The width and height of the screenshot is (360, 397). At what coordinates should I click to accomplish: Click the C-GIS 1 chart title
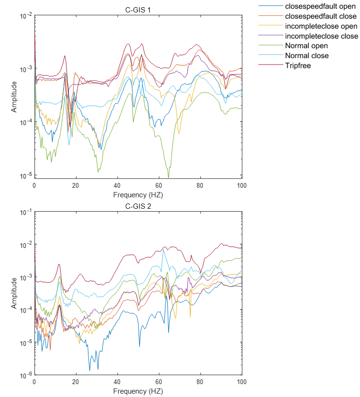pyautogui.click(x=138, y=10)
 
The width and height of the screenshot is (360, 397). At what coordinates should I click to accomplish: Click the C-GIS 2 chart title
pyautogui.click(x=138, y=206)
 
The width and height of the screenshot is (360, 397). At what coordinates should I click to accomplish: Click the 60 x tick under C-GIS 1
pyautogui.click(x=159, y=185)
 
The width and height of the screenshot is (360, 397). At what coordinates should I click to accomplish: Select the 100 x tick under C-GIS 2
pyautogui.click(x=241, y=382)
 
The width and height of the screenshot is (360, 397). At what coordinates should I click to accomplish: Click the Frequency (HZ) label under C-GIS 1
pyautogui.click(x=138, y=194)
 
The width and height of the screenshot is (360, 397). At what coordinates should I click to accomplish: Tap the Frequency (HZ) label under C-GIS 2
pyautogui.click(x=138, y=391)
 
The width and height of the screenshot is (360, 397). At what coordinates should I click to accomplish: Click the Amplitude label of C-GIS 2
pyautogui.click(x=14, y=293)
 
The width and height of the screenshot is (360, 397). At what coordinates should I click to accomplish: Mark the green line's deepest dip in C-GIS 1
pyautogui.click(x=169, y=178)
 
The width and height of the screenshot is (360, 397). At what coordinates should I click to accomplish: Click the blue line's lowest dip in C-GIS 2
pyautogui.click(x=89, y=370)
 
